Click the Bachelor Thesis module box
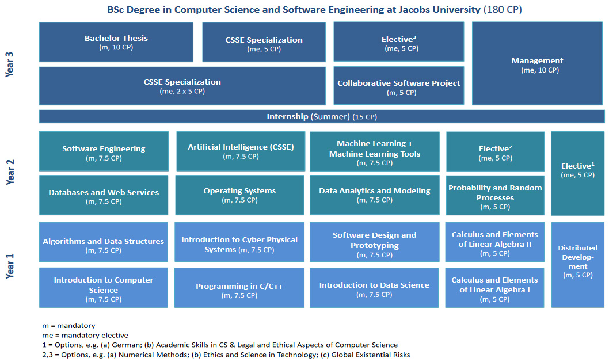(x=116, y=42)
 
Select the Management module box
(x=538, y=64)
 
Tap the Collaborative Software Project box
(x=398, y=86)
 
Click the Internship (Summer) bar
(x=322, y=117)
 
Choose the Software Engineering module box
(x=104, y=151)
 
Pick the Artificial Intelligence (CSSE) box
(x=241, y=151)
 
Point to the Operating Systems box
(x=239, y=195)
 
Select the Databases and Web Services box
(x=104, y=196)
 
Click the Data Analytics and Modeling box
(x=374, y=195)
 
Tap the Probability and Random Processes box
(x=495, y=196)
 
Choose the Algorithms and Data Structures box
(x=104, y=244)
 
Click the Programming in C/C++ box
(x=239, y=289)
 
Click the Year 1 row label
(x=10, y=265)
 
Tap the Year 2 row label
(x=10, y=172)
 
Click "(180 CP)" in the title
(x=503, y=10)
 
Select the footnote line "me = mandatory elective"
(x=85, y=335)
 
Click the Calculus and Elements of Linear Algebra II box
(x=495, y=242)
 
